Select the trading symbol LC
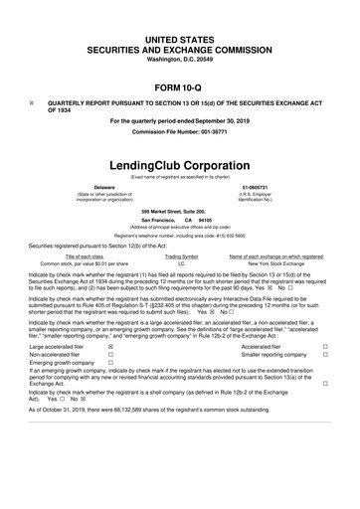pos(181,264)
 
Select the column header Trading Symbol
pos(181,256)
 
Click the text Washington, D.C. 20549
pos(179,61)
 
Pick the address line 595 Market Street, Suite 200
pos(179,212)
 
